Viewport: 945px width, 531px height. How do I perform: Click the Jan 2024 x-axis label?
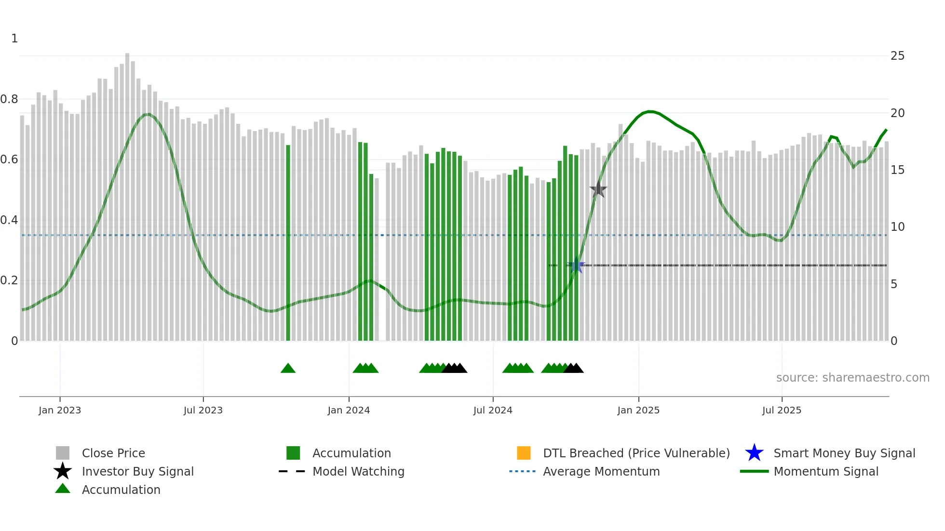click(349, 410)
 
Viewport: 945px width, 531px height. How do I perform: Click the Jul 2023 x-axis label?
click(203, 410)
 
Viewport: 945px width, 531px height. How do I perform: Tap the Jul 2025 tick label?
click(782, 410)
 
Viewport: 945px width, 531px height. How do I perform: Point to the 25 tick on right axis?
click(897, 56)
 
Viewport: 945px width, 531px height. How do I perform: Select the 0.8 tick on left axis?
click(9, 99)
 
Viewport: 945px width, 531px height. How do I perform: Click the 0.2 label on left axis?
click(9, 280)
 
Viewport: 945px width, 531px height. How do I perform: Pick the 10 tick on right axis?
click(897, 227)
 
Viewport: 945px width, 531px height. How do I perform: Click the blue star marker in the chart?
click(576, 265)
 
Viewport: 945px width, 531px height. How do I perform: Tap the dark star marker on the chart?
click(598, 189)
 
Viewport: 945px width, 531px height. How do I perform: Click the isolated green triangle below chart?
click(288, 368)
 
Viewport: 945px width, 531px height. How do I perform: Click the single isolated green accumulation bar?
click(288, 243)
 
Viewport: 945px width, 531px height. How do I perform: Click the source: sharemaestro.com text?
click(852, 378)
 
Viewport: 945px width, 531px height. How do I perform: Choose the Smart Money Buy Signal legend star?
click(754, 453)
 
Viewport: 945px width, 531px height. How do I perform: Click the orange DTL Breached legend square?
click(524, 453)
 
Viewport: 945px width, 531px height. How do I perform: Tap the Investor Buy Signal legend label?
click(138, 471)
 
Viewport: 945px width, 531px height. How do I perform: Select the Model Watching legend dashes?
click(292, 471)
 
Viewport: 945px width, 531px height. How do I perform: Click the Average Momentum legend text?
click(601, 471)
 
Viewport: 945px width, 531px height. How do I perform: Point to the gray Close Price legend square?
click(63, 453)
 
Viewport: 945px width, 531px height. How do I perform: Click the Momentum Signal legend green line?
click(754, 471)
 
